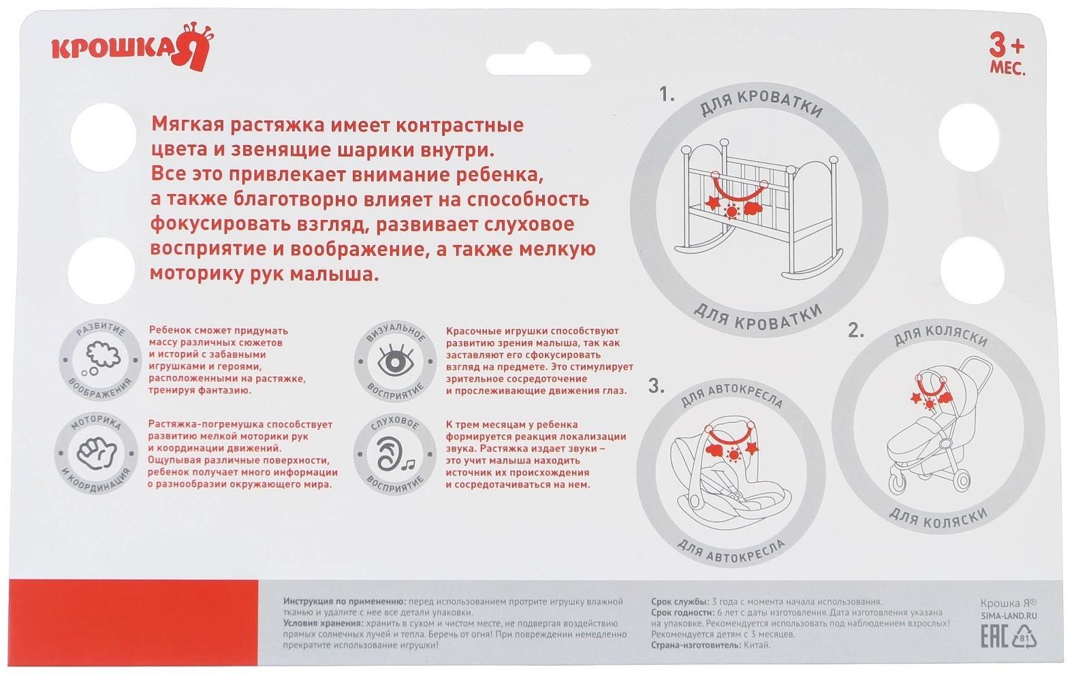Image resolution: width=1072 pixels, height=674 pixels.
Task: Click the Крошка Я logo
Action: (x=133, y=48)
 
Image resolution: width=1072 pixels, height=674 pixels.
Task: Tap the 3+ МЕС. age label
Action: (x=1007, y=54)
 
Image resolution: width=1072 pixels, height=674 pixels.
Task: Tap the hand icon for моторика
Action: (x=96, y=452)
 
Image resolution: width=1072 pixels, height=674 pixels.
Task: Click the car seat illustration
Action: (x=730, y=477)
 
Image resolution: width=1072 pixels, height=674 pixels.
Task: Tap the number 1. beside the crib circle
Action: (x=667, y=95)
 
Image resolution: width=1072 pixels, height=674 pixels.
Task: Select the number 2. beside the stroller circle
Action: (x=856, y=332)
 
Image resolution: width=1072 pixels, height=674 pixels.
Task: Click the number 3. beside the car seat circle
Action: (x=656, y=387)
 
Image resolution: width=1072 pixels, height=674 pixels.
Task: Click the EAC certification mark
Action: (x=994, y=638)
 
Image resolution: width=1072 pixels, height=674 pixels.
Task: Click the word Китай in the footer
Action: (x=757, y=645)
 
